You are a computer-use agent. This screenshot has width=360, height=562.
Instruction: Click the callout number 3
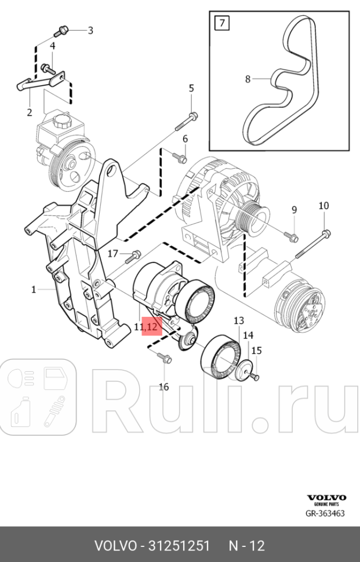point(90,30)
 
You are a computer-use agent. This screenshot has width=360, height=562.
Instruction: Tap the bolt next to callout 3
point(63,29)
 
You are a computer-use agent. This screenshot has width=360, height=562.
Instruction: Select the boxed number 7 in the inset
point(221,24)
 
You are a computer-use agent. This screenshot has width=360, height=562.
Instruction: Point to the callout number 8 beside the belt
point(248,79)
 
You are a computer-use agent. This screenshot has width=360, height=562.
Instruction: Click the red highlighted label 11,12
point(146,327)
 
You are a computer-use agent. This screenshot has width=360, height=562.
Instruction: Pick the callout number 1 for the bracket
point(34,289)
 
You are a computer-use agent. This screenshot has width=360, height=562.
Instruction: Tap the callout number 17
point(112,253)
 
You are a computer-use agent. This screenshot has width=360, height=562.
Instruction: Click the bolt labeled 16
point(165,359)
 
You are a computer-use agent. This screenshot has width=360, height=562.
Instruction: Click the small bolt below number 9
point(292,236)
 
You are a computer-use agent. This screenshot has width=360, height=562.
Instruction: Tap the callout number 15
point(256,350)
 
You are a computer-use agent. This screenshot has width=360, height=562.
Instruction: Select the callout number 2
point(29,112)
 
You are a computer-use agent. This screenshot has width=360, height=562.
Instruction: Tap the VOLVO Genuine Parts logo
point(326,500)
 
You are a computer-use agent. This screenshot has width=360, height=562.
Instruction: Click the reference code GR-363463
point(326,513)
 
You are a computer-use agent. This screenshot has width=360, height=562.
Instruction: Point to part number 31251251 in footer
point(179,546)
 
